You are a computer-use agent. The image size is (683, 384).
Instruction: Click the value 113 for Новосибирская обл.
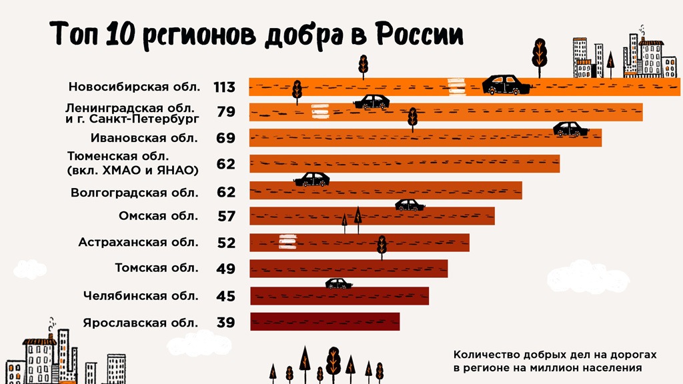(x=224, y=87)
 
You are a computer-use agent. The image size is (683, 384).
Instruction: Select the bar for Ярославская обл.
(x=325, y=322)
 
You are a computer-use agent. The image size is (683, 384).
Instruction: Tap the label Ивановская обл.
(x=144, y=139)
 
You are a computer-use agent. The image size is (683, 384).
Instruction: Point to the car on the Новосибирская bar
(x=506, y=85)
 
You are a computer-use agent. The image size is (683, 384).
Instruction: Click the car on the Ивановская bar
(x=570, y=129)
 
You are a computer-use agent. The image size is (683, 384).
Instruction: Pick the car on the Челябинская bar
(x=339, y=284)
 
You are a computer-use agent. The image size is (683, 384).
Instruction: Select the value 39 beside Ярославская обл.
(x=226, y=323)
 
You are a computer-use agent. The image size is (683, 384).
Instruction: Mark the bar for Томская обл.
(x=348, y=269)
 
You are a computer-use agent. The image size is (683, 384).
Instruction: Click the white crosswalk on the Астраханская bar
(x=287, y=241)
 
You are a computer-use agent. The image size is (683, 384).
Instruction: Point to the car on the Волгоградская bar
(x=312, y=179)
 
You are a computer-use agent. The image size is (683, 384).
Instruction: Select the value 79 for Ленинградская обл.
(x=226, y=112)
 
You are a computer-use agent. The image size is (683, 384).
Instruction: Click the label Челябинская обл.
(x=141, y=295)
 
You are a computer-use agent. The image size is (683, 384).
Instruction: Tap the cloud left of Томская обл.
(x=29, y=269)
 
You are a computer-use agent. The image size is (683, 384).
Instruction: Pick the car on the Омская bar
(x=410, y=205)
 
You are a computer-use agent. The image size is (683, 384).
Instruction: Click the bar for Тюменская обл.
(x=404, y=164)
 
